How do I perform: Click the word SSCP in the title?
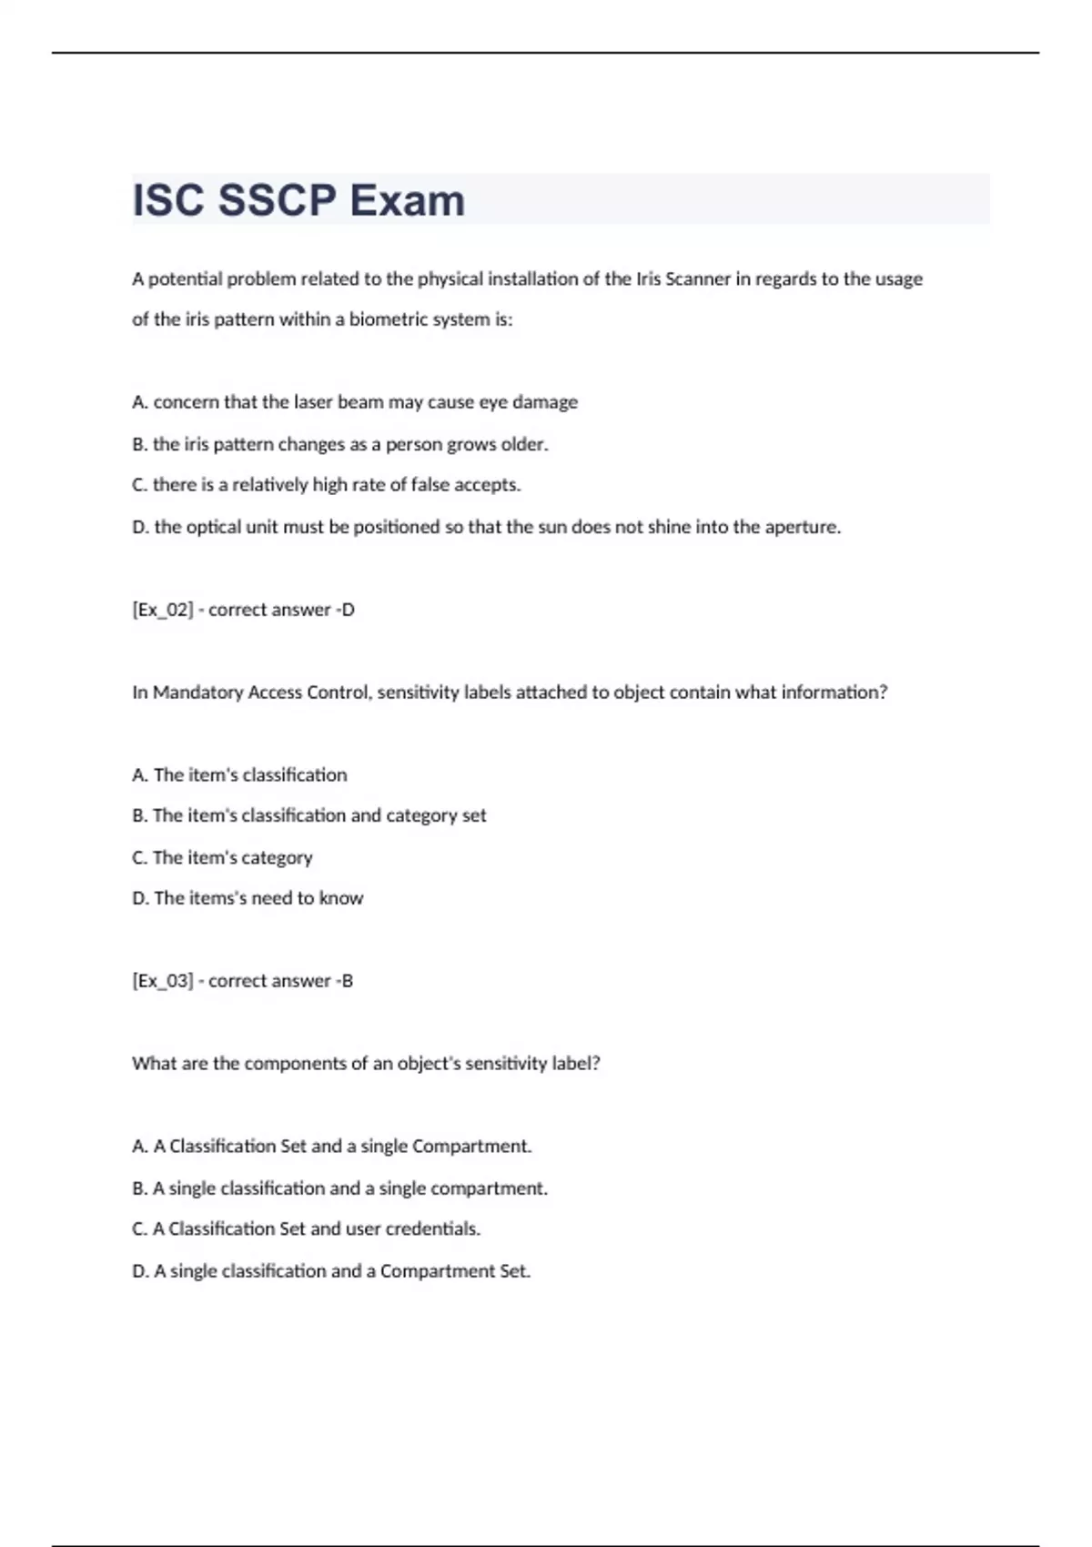277,200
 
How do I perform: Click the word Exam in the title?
407,200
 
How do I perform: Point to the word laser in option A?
313,402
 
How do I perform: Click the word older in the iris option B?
524,444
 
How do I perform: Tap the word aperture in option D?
802,527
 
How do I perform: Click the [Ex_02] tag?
163,610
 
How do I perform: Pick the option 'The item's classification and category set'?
318,815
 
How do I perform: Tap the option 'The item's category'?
232,857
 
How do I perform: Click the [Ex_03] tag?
163,981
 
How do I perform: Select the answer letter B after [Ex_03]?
348,981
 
